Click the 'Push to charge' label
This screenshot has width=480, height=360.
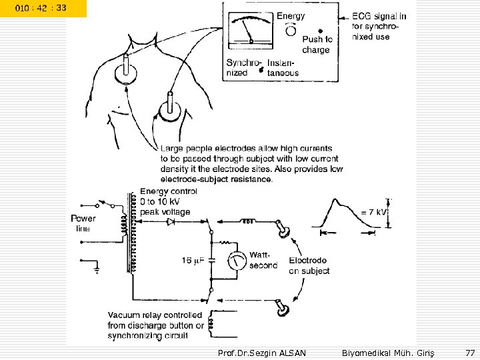[317, 44]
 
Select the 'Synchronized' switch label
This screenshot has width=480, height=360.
[242, 67]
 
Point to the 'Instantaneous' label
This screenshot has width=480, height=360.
[283, 67]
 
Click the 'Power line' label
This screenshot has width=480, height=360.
[83, 223]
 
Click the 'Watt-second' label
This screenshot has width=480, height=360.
[263, 260]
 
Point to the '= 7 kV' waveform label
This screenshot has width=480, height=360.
[372, 212]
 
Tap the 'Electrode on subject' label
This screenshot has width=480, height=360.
[308, 265]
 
